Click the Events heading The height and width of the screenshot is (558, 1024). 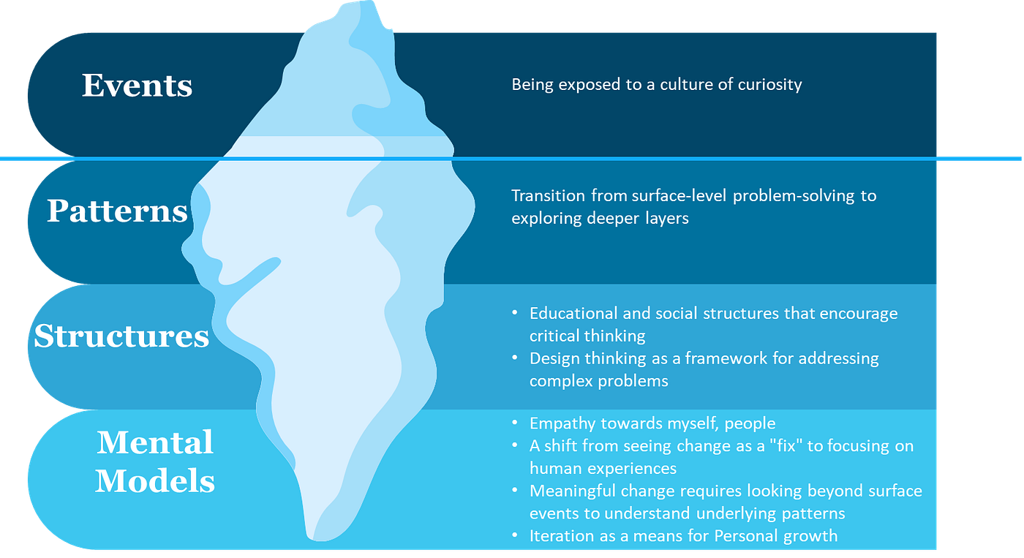point(137,86)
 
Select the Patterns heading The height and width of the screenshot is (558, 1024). point(117,211)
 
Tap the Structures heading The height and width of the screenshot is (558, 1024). point(121,336)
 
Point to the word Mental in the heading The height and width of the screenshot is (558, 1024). point(154,442)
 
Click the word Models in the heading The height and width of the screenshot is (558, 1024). point(154,481)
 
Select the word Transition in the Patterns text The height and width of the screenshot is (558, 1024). point(548,196)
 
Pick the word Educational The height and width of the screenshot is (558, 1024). point(573,314)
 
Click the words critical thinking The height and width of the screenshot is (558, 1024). point(587,336)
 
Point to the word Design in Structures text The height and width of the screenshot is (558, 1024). point(553,359)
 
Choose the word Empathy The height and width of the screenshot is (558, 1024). point(560,423)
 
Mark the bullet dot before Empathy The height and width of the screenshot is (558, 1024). point(515,423)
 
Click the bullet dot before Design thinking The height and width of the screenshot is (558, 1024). point(515,359)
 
